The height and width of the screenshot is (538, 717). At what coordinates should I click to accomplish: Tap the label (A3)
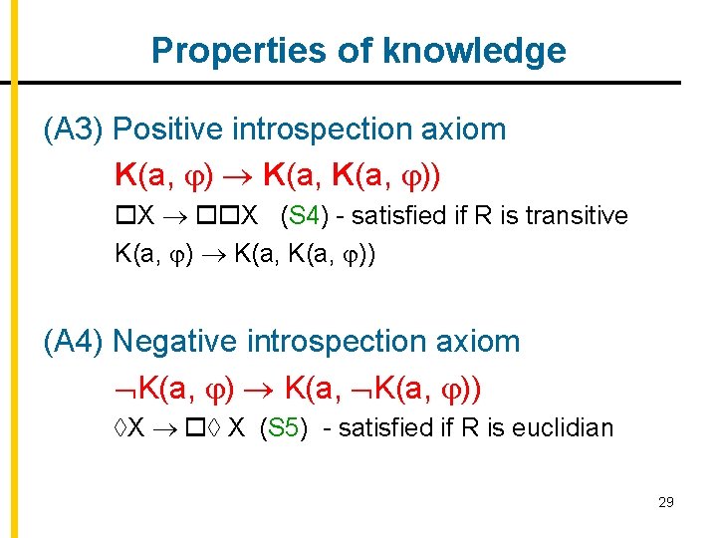pyautogui.click(x=75, y=130)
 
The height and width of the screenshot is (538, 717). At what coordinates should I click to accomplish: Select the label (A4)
pyautogui.click(x=75, y=342)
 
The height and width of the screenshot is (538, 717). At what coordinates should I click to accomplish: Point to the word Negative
pyautogui.click(x=177, y=342)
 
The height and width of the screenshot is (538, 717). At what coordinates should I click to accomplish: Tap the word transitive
pyautogui.click(x=579, y=216)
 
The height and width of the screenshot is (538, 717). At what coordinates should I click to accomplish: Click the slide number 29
pyautogui.click(x=665, y=502)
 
